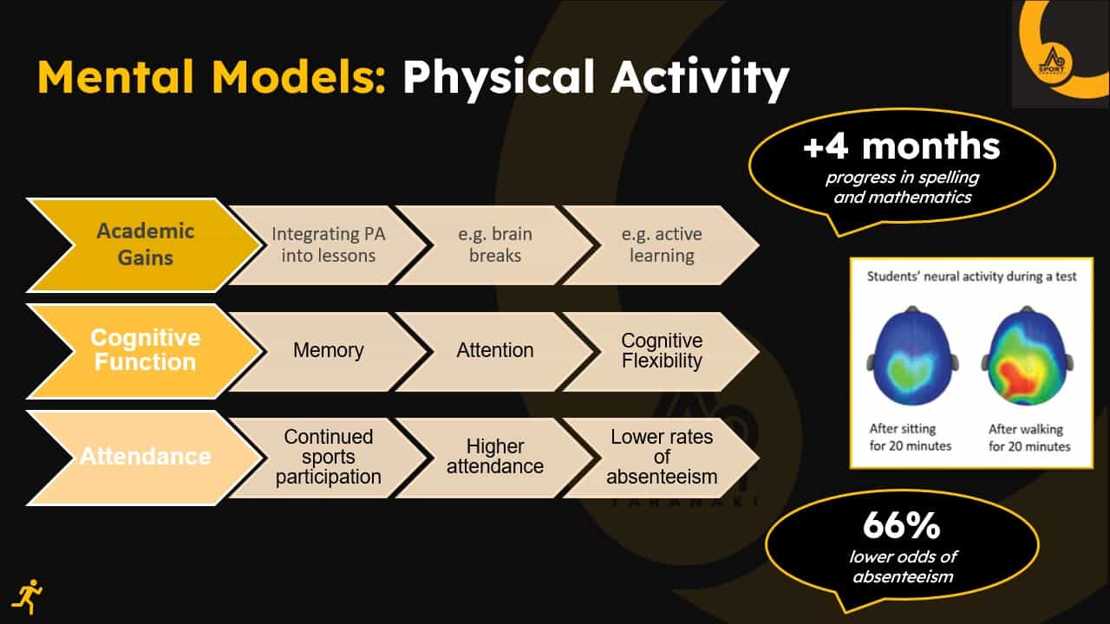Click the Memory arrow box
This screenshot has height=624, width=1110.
click(x=328, y=351)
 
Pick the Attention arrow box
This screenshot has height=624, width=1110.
click(x=495, y=351)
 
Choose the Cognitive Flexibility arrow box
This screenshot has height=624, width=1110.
click(x=662, y=351)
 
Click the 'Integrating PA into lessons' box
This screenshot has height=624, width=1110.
click(x=328, y=245)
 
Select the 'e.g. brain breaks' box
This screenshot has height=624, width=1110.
click(x=495, y=245)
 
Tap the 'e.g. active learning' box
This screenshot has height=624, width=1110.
click(x=662, y=245)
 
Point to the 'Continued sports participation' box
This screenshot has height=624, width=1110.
click(x=328, y=458)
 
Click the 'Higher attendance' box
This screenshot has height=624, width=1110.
click(x=495, y=458)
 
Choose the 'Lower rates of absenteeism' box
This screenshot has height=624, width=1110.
click(x=662, y=458)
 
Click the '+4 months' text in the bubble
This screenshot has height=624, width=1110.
click(x=902, y=147)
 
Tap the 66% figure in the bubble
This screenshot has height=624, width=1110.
click(x=901, y=526)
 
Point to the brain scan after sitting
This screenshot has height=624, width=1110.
click(x=912, y=355)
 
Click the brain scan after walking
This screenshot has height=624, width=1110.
click(x=1028, y=355)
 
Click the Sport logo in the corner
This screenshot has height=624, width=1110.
click(x=1061, y=55)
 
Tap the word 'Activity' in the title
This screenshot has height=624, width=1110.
click(x=700, y=79)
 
